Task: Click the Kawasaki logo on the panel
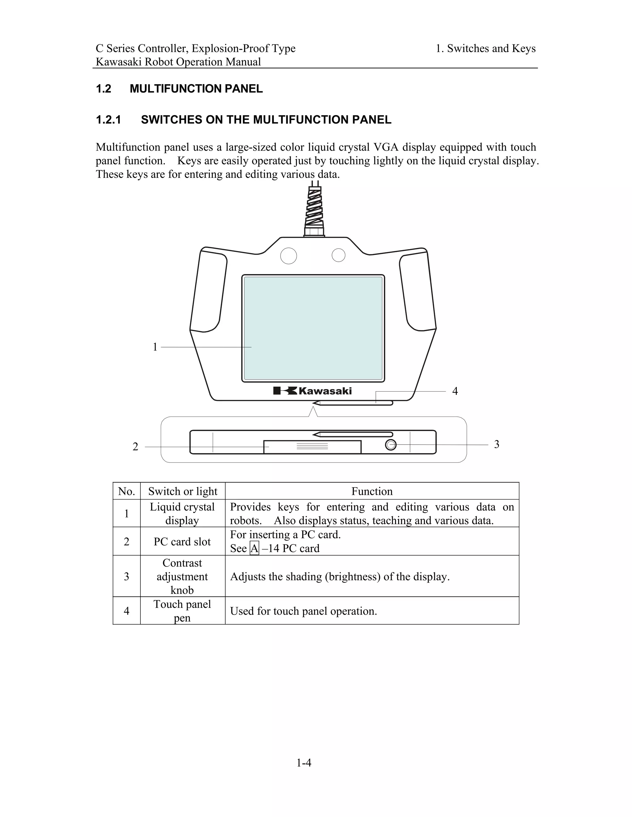[312, 391]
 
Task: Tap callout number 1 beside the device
[155, 347]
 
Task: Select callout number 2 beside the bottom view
[135, 447]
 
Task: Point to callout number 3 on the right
[497, 444]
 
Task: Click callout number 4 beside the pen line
[455, 391]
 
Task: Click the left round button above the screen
[288, 256]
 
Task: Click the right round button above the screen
[339, 255]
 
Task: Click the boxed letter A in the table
[254, 548]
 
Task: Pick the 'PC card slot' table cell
[182, 542]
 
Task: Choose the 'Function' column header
[372, 491]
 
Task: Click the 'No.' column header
[127, 491]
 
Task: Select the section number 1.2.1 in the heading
[109, 120]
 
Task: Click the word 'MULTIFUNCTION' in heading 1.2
[176, 89]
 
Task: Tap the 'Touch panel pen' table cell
[182, 611]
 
